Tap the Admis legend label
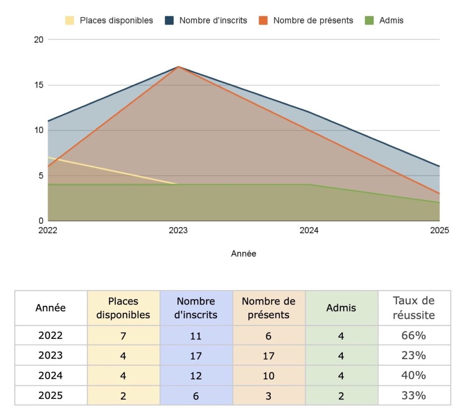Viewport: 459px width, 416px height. [391, 21]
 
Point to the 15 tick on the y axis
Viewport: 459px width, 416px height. [39, 85]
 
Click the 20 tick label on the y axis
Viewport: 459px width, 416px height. [39, 40]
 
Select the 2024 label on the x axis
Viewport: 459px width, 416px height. [309, 231]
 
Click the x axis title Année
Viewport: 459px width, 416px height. [243, 254]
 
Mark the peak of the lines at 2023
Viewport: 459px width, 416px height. [178, 67]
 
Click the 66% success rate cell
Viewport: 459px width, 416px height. [414, 335]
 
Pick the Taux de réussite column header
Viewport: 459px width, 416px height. [414, 308]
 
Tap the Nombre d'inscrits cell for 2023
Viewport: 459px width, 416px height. [196, 356]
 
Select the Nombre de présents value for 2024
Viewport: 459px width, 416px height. [268, 376]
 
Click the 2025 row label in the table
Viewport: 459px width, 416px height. [51, 396]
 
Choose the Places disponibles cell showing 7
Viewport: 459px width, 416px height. [123, 336]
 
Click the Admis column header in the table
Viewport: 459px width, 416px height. [341, 308]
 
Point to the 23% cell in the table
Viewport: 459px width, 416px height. [414, 356]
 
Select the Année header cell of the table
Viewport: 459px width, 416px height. [51, 308]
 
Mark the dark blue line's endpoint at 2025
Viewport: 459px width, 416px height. [439, 166]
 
